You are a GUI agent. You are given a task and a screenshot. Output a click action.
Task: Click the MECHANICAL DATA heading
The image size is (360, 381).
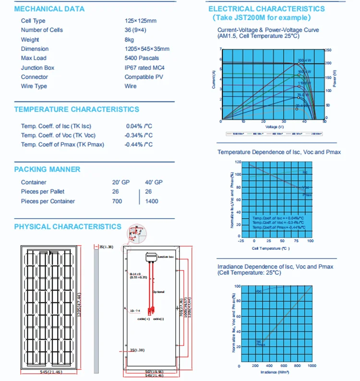coord(49,9)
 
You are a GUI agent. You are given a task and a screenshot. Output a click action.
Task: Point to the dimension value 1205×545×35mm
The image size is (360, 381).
coord(147,49)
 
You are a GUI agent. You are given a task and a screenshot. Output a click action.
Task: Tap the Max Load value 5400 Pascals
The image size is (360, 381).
coord(142,58)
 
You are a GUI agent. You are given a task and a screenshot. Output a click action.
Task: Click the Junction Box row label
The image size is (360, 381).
coord(38,68)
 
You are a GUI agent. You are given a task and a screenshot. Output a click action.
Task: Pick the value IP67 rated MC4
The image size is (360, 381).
coord(144,68)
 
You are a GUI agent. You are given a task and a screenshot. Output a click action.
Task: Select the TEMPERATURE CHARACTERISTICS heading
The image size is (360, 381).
coord(77,110)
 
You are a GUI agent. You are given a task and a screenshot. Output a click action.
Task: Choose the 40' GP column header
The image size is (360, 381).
coord(153,183)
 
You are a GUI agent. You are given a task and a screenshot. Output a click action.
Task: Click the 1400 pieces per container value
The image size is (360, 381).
coord(152,201)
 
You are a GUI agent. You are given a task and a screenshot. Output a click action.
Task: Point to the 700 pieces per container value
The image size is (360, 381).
coord(117,201)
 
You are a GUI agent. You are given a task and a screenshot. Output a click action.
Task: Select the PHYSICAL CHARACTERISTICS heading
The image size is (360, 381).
coord(68,227)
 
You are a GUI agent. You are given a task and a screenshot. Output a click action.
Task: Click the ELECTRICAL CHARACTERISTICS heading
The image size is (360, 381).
coord(266,9)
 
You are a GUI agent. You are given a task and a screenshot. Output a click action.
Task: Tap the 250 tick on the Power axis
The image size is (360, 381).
coord(328,50)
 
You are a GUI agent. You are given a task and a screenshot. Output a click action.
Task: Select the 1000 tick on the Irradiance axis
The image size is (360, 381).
coord(312,366)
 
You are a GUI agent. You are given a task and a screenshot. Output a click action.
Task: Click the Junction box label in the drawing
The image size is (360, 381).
coord(164,258)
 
